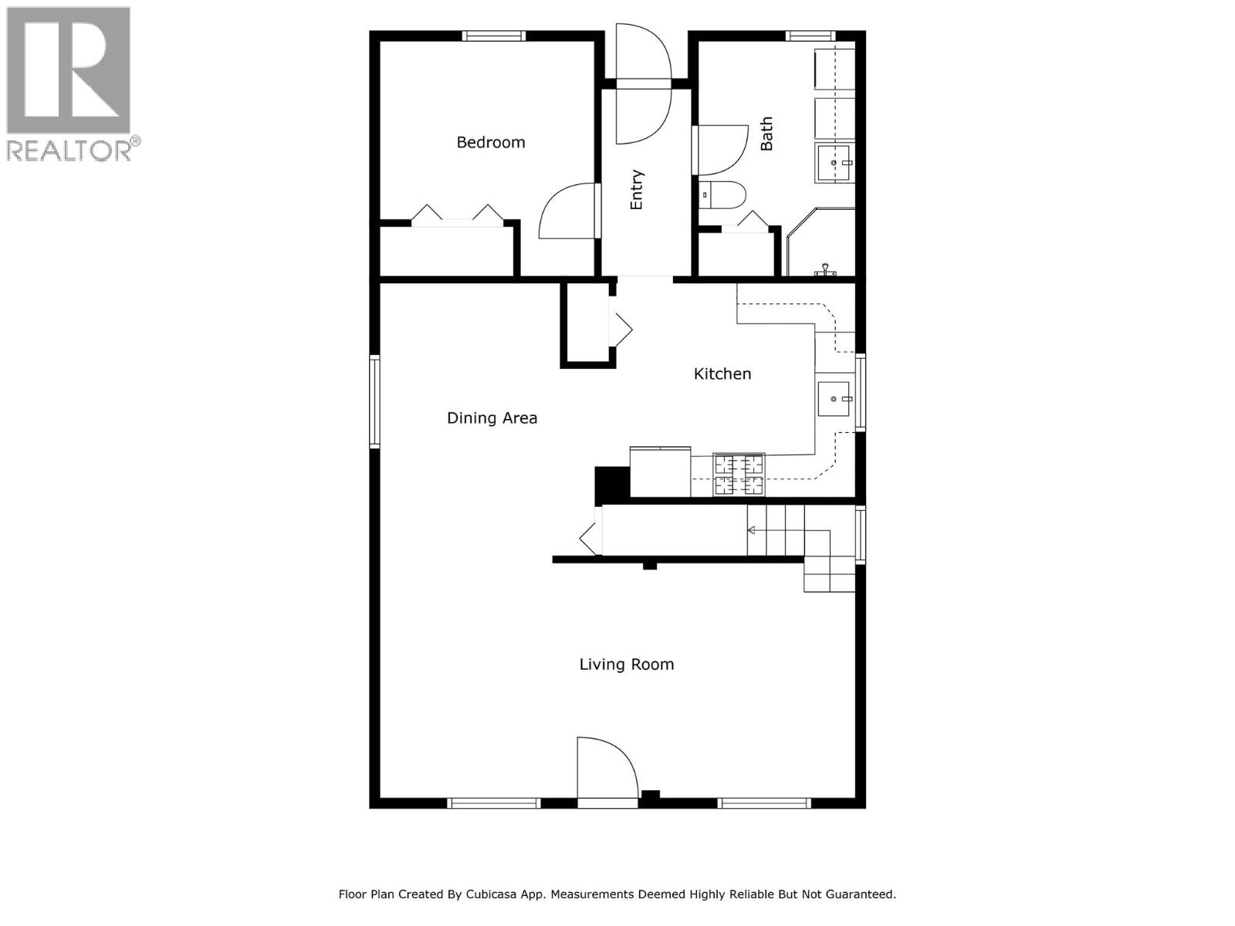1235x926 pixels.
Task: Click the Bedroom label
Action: [x=491, y=142]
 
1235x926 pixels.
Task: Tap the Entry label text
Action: [x=637, y=190]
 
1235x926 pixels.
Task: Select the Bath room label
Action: [x=766, y=134]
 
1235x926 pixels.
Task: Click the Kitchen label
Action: [x=722, y=373]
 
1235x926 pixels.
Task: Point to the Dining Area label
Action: [x=492, y=418]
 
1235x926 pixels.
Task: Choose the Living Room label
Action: [x=627, y=664]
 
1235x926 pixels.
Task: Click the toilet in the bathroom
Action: [x=722, y=195]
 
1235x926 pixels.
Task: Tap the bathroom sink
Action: [x=834, y=163]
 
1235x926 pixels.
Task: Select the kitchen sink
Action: [x=834, y=399]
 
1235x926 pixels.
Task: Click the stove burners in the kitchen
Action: [x=739, y=475]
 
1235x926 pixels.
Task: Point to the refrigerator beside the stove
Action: [x=660, y=472]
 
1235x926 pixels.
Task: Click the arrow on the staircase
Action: [x=752, y=530]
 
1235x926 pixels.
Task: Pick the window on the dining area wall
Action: [x=374, y=401]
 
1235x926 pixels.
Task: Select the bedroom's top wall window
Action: [x=494, y=35]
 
